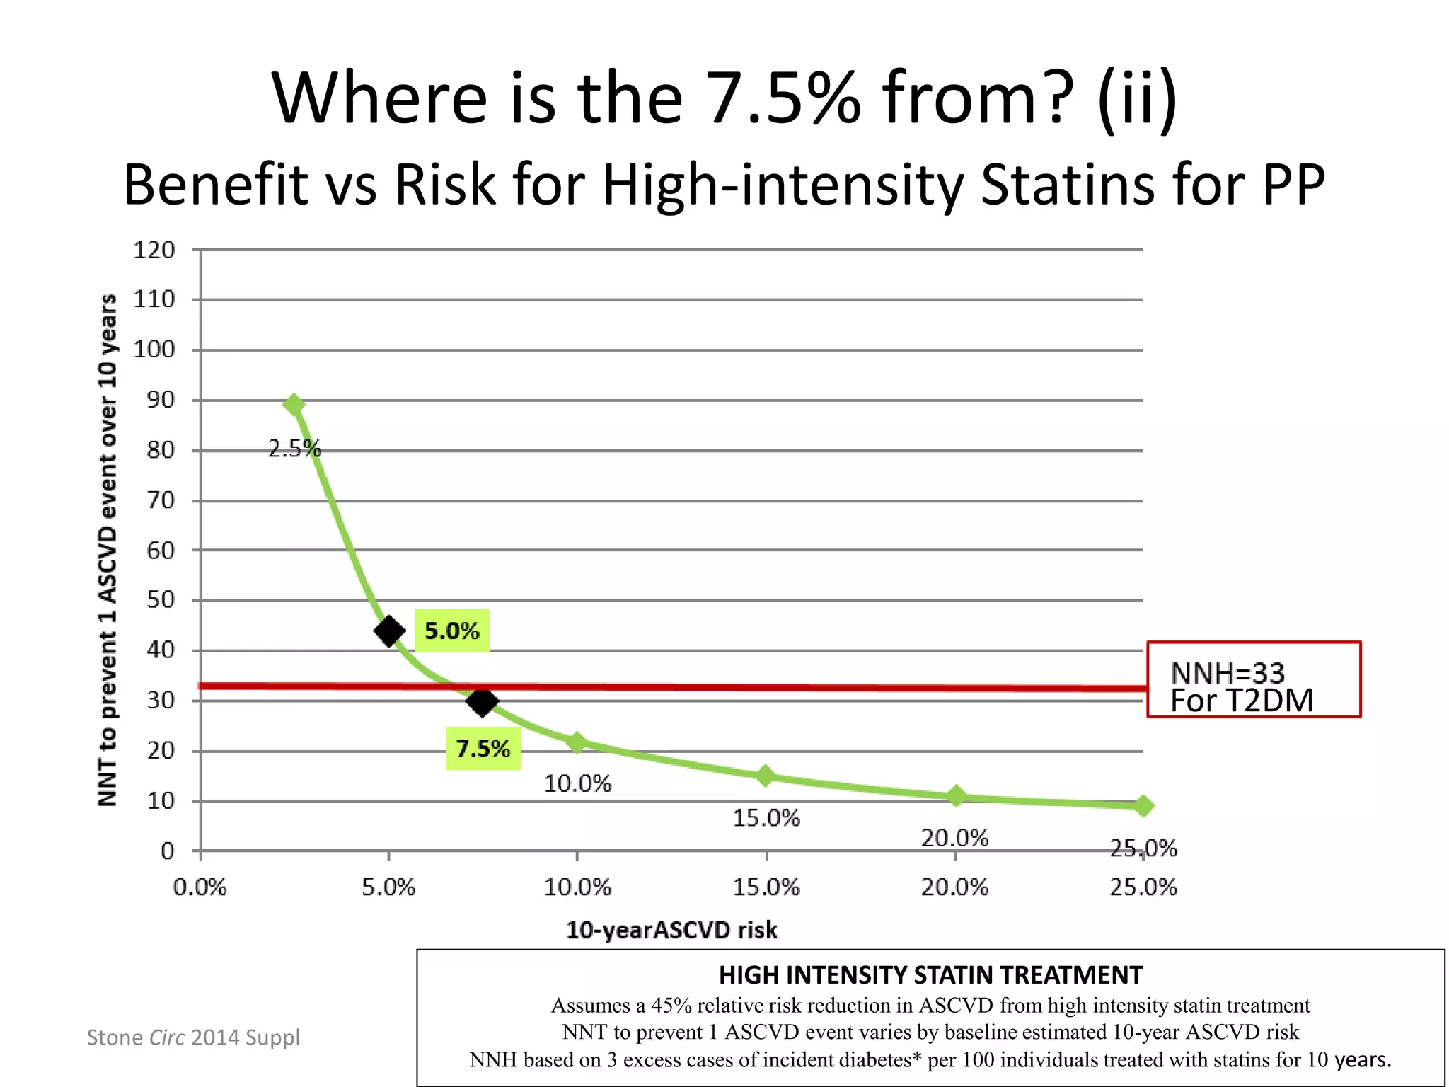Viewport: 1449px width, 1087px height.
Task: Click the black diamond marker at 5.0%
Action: pyautogui.click(x=389, y=631)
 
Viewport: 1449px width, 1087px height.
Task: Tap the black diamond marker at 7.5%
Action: pyautogui.click(x=483, y=702)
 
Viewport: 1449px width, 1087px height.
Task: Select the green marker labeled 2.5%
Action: pyautogui.click(x=294, y=405)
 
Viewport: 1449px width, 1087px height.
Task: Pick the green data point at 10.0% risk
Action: pyautogui.click(x=577, y=742)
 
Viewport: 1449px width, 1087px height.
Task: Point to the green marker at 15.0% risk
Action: pyautogui.click(x=766, y=776)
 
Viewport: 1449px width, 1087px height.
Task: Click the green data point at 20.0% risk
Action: pyautogui.click(x=956, y=796)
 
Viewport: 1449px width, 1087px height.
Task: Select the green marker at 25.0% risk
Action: pyautogui.click(x=1143, y=805)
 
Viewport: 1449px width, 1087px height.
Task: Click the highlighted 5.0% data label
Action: pyautogui.click(x=451, y=631)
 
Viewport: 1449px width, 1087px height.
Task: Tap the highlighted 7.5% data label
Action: pyautogui.click(x=483, y=749)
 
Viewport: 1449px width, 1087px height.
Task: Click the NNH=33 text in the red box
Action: pyautogui.click(x=1228, y=672)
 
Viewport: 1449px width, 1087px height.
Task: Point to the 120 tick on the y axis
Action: pyautogui.click(x=154, y=250)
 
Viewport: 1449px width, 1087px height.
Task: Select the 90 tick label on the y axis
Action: pyautogui.click(x=161, y=400)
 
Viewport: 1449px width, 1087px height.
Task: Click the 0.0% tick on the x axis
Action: pyautogui.click(x=200, y=887)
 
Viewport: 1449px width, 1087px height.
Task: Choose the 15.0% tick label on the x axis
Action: pyautogui.click(x=766, y=887)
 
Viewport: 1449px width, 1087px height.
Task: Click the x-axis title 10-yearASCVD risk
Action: pyautogui.click(x=671, y=930)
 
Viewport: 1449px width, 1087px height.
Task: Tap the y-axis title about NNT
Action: pyautogui.click(x=108, y=550)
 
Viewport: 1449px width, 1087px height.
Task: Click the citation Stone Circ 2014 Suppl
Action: pyautogui.click(x=193, y=1037)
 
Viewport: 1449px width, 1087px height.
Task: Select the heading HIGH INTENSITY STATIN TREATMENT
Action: pyautogui.click(x=930, y=975)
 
